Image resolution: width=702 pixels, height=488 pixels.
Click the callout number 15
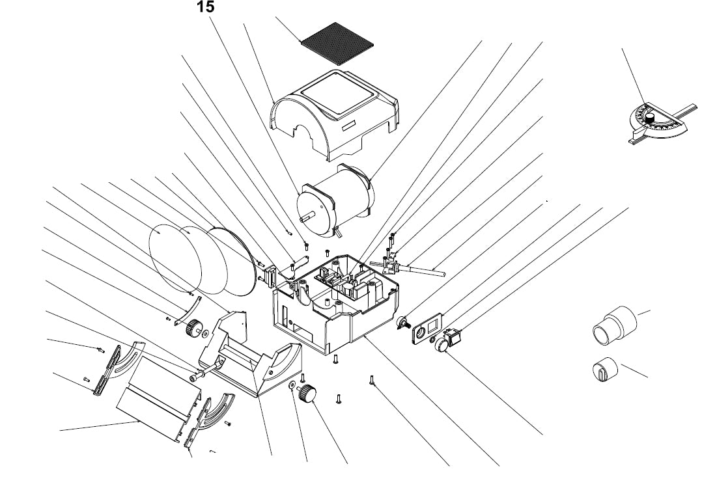pos(204,7)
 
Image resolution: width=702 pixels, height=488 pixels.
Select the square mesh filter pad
pos(337,41)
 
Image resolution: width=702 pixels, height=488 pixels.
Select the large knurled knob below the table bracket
pos(307,394)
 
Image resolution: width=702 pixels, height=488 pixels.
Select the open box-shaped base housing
pos(332,306)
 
